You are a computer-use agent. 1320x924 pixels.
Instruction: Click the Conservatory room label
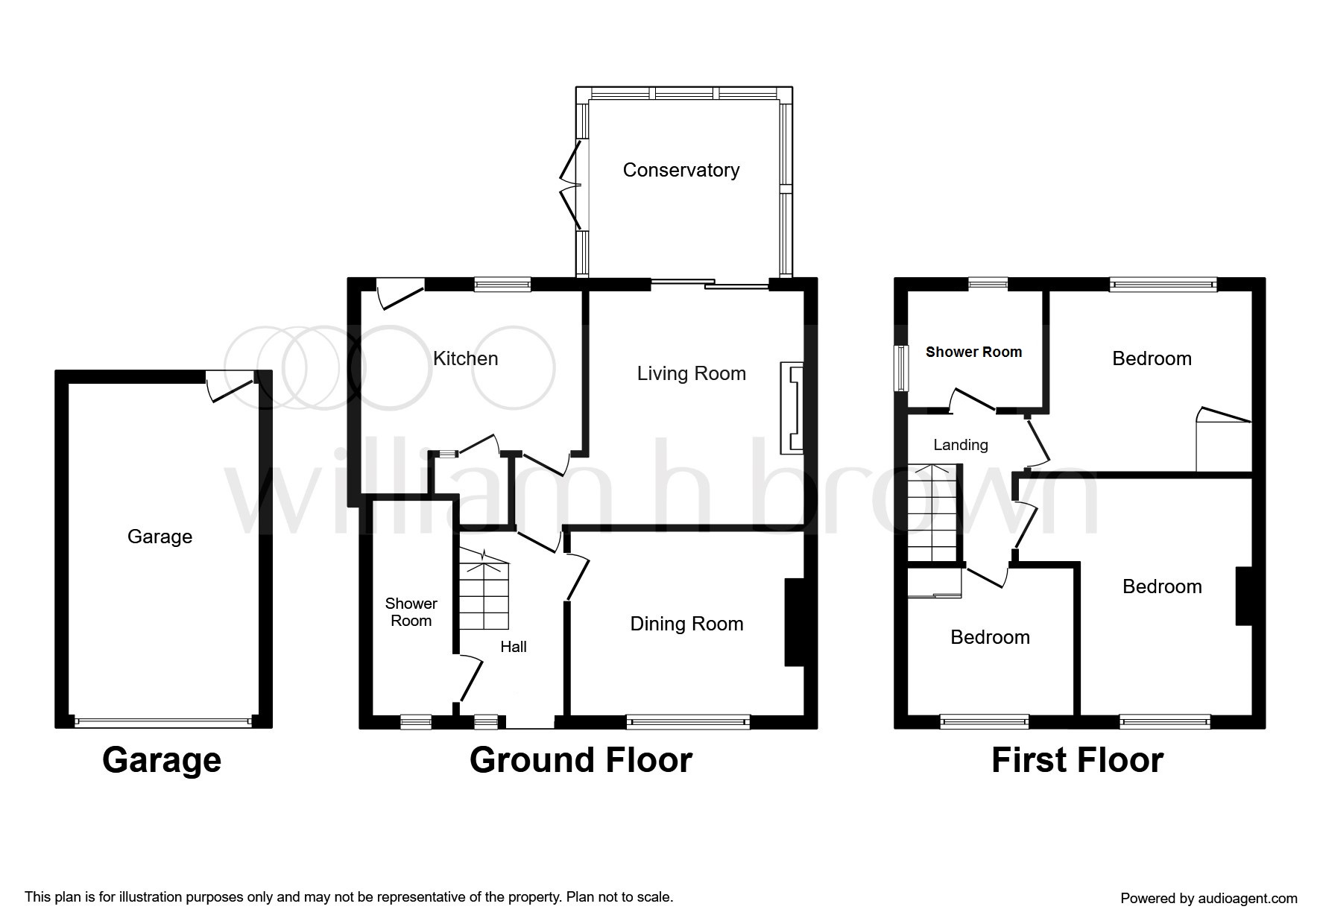click(x=680, y=171)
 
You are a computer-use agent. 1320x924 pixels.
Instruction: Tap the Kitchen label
click(x=465, y=358)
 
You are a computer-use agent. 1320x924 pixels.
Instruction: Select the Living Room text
click(x=691, y=373)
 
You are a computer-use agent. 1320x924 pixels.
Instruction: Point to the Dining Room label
click(x=686, y=624)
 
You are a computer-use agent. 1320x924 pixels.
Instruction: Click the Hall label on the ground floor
click(x=514, y=647)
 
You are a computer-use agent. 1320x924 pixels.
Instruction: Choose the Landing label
click(x=961, y=445)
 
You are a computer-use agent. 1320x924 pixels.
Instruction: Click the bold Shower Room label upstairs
click(x=973, y=352)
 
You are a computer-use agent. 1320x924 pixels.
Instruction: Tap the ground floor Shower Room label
click(x=411, y=612)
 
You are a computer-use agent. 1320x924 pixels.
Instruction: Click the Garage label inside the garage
click(x=160, y=537)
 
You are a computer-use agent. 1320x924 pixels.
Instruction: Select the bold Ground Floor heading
click(x=581, y=759)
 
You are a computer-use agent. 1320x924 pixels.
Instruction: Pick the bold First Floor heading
click(x=1077, y=759)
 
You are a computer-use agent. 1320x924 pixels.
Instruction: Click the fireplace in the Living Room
click(x=792, y=408)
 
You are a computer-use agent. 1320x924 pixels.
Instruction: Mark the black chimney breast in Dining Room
click(x=795, y=621)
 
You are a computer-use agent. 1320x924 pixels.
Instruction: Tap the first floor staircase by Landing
click(x=933, y=513)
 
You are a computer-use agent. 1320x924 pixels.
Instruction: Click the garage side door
click(x=230, y=387)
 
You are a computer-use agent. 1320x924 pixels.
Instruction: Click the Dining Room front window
click(x=688, y=720)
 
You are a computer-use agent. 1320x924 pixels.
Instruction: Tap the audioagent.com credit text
click(x=1209, y=899)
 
